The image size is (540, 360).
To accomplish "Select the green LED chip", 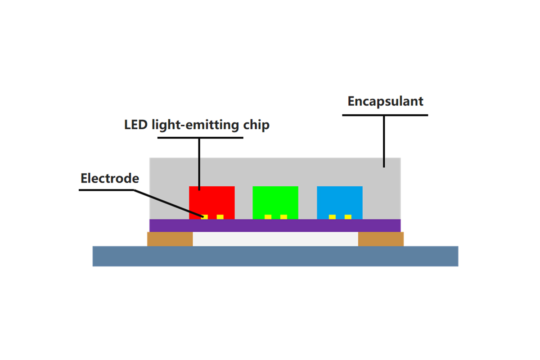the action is (275, 202).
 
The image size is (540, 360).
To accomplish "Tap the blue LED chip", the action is (339, 202).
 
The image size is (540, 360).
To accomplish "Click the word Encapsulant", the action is (385, 101).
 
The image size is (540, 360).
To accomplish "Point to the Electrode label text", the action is (110, 178).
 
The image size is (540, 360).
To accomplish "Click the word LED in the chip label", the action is (136, 125).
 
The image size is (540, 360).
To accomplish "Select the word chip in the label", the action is (256, 126).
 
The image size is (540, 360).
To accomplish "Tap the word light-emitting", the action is (195, 126).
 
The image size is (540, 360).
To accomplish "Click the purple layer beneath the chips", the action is (275, 225).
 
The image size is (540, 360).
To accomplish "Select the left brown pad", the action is (170, 239).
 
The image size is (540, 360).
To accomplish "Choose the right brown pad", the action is (381, 239).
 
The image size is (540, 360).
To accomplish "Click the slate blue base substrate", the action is (275, 256).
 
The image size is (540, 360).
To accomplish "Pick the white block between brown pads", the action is (275, 239).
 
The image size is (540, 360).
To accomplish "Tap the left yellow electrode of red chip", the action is (204, 217).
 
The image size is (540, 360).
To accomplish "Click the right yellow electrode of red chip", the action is (220, 217).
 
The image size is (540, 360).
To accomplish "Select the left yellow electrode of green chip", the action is (268, 217).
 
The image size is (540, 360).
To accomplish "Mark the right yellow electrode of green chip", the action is (284, 217).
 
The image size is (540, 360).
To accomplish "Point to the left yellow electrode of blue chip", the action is (332, 217).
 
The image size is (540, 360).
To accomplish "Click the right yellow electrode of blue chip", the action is (348, 217).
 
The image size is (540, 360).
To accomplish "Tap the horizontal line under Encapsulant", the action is (385, 115).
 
